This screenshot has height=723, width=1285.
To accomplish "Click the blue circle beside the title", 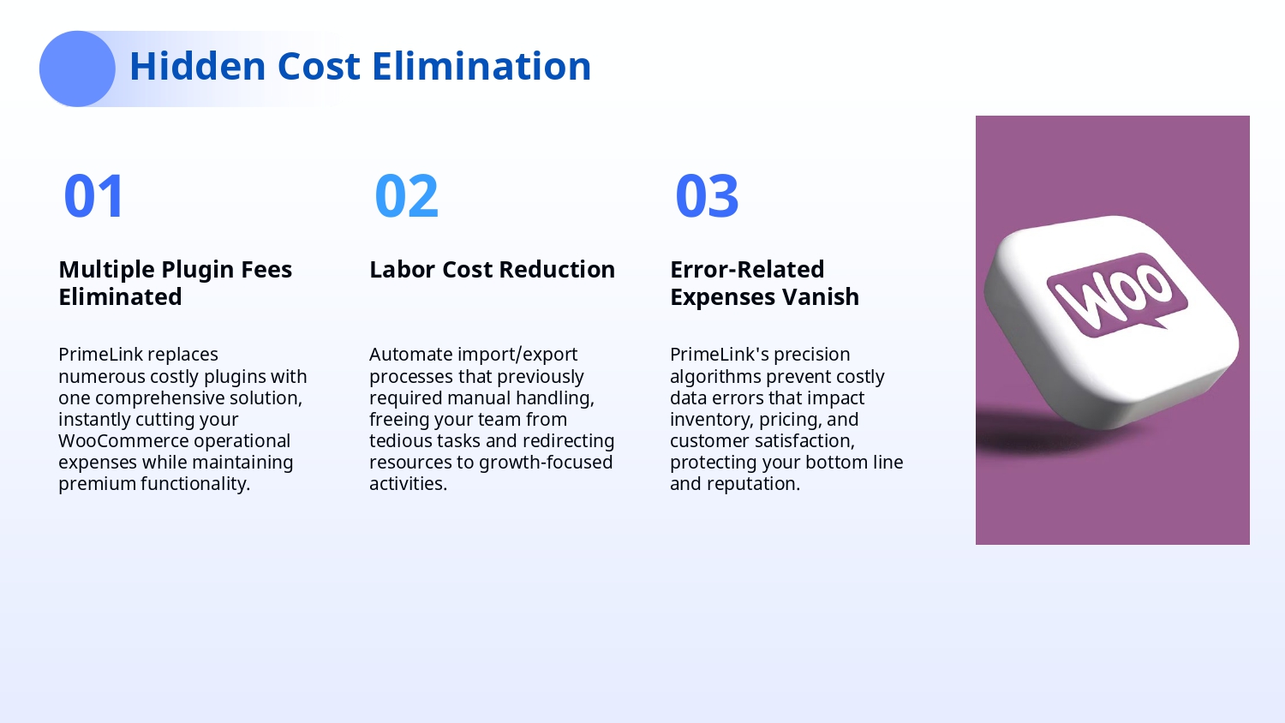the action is coord(77,69).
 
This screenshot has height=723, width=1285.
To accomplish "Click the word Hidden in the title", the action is coord(197,66).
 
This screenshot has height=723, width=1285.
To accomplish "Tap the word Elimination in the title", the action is coord(481,66).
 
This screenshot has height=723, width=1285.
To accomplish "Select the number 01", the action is coord(93,196).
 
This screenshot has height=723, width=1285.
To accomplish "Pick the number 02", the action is coord(406,196).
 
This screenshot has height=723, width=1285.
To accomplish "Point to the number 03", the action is coord(707,196).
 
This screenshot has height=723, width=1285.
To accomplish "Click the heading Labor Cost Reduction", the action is coord(493,269).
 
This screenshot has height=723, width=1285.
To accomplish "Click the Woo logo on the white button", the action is coord(1117,296).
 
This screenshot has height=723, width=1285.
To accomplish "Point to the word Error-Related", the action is coord(748,269).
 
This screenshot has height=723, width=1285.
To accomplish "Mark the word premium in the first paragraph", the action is coord(97,484).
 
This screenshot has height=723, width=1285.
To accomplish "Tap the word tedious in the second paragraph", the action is coord(400,440).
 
